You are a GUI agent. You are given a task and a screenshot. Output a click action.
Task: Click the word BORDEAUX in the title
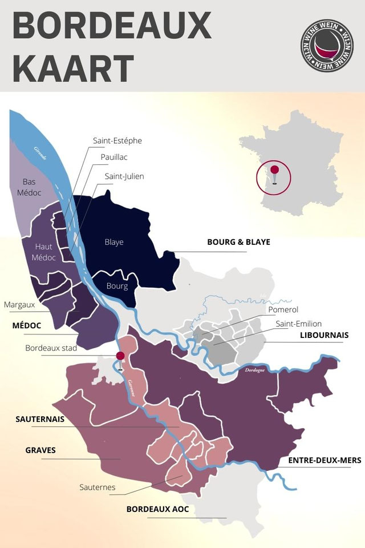pos(112,27)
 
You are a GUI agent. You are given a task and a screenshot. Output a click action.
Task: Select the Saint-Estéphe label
pos(117,140)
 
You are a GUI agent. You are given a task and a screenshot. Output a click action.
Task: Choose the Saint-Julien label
pos(124,176)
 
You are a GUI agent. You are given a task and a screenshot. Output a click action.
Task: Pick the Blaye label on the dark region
pos(114,242)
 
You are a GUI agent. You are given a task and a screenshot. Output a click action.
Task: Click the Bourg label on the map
pos(117,286)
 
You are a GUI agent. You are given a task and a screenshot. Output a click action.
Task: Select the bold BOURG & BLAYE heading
pos(238,242)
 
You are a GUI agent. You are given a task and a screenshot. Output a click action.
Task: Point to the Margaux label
pos(19,305)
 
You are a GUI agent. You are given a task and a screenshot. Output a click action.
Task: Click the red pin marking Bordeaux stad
pos(120,356)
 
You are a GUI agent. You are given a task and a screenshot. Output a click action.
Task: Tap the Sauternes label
pos(98,487)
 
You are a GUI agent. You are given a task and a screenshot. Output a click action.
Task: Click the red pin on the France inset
pos(274,170)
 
